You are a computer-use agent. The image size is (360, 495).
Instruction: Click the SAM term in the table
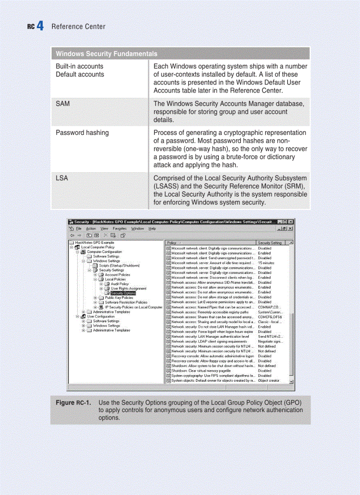[x=63, y=104]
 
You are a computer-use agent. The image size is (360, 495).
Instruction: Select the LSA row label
[x=62, y=178]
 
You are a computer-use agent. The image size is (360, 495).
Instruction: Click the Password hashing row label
[x=82, y=132]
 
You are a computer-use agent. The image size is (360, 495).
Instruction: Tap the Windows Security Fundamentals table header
[x=106, y=54]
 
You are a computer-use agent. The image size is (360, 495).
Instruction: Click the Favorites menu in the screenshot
[x=120, y=228]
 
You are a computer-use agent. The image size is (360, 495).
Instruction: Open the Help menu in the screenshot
[x=152, y=228]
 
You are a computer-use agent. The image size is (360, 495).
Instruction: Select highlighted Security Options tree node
[x=123, y=293]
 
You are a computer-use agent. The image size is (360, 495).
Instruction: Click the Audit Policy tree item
[x=120, y=284]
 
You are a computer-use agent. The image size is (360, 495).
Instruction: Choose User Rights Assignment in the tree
[x=128, y=288]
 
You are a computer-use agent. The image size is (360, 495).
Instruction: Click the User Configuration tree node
[x=101, y=316]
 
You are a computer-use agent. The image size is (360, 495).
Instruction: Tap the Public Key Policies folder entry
[x=119, y=298]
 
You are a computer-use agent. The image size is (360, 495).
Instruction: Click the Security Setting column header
[x=270, y=242]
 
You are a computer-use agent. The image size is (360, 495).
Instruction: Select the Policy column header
[x=172, y=242]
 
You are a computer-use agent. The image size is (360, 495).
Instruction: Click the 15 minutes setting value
[x=266, y=263]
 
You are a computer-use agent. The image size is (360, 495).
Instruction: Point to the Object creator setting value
[x=269, y=380]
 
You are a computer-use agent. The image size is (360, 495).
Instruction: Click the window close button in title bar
[x=291, y=221]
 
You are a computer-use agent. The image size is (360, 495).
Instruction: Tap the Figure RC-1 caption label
[x=73, y=403]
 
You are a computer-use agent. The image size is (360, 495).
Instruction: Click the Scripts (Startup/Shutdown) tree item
[x=119, y=265]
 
